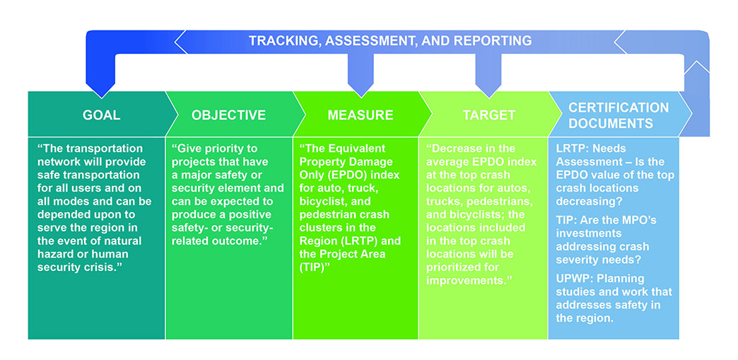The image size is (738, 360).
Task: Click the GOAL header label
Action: (x=102, y=115)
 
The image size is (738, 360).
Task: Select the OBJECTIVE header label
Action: (x=228, y=115)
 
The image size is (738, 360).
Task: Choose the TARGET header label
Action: (x=488, y=115)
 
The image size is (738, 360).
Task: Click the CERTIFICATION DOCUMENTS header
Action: (x=618, y=115)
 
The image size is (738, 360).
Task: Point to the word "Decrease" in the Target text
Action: (x=459, y=149)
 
